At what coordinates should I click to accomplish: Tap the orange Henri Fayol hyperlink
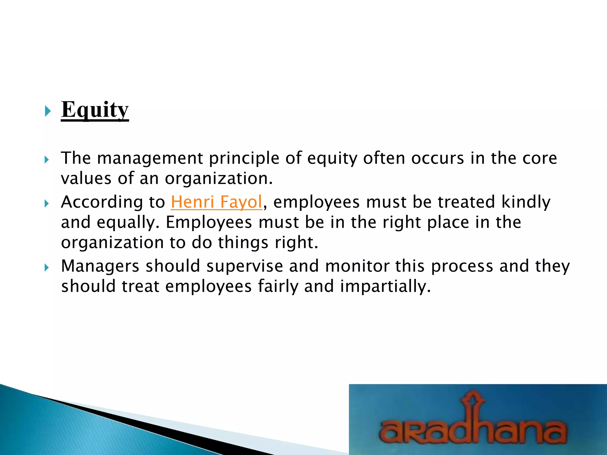tap(216, 202)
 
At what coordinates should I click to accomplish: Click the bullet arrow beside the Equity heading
tap(47, 111)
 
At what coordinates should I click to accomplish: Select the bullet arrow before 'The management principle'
tap(47, 160)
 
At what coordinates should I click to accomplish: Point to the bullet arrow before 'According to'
tap(47, 204)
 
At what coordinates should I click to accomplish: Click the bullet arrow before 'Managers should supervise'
tap(47, 268)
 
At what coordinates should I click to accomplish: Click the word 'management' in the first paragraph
tap(150, 158)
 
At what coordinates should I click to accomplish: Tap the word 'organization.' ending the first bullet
tap(218, 179)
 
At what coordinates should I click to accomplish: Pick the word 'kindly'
tap(526, 202)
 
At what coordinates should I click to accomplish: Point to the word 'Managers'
tap(100, 266)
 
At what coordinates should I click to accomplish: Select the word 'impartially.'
tap(385, 286)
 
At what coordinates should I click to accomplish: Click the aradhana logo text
tap(473, 430)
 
